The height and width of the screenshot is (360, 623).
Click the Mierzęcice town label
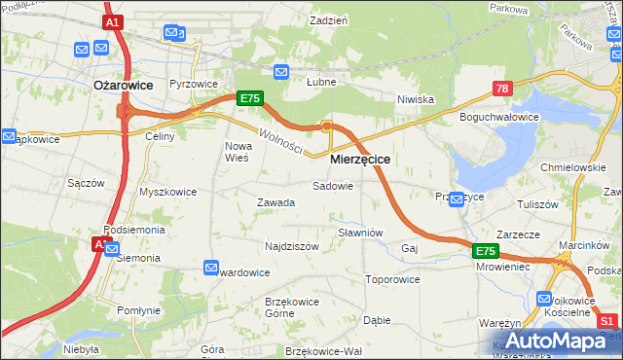coord(360,159)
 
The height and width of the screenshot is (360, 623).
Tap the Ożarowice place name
coord(123,85)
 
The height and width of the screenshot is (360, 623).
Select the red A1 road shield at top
coord(112,21)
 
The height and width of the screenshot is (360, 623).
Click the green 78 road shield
coord(502,89)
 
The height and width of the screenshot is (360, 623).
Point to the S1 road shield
coord(607,322)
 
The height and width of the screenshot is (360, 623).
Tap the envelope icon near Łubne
coord(281,71)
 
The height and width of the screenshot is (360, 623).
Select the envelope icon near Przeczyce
coord(456,198)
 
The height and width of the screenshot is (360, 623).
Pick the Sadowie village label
coord(332,185)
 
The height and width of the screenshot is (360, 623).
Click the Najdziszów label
coord(292,246)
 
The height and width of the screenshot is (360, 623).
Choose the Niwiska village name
coord(415,99)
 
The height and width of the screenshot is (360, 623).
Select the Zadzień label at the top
coord(329,19)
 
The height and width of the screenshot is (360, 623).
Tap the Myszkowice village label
coord(167,192)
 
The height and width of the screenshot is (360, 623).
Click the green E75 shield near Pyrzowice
coord(249,98)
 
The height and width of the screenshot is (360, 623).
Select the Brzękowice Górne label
coord(292,306)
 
